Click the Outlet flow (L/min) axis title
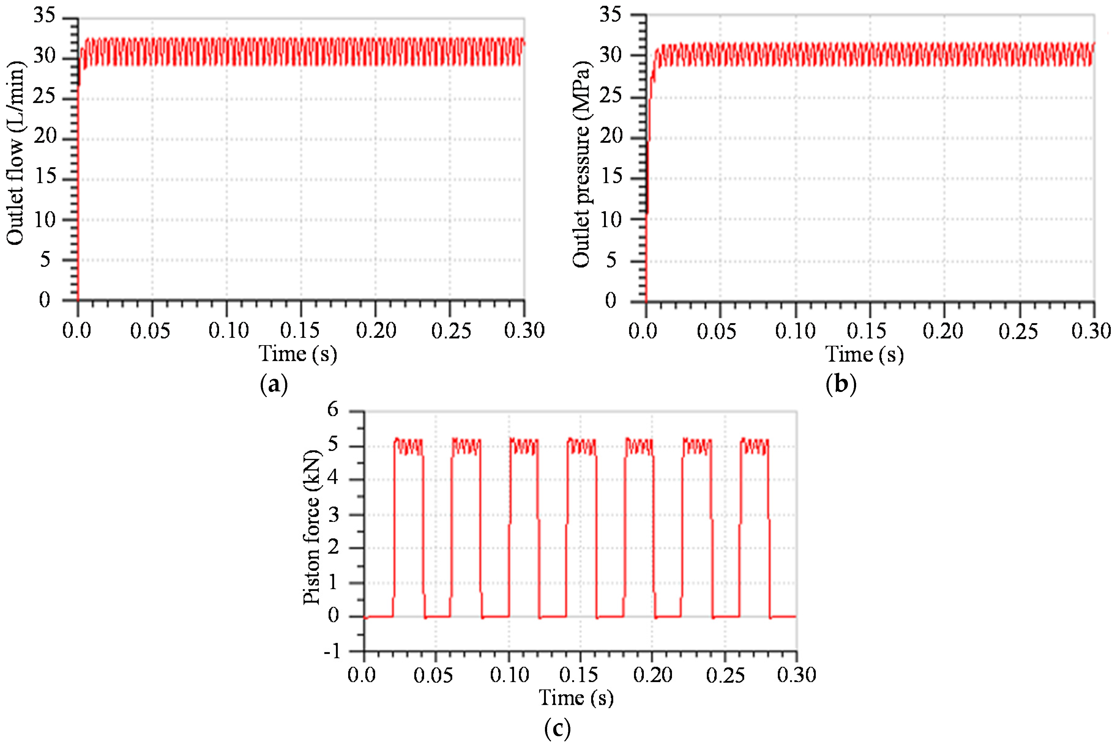(x=15, y=153)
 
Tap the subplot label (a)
(x=274, y=384)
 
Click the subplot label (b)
(x=841, y=384)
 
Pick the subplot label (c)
(x=557, y=728)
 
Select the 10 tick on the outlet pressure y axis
(x=611, y=220)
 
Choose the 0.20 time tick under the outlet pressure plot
(x=943, y=331)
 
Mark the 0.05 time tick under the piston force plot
(x=433, y=675)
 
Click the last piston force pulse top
(x=754, y=446)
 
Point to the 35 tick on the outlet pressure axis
(x=611, y=15)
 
